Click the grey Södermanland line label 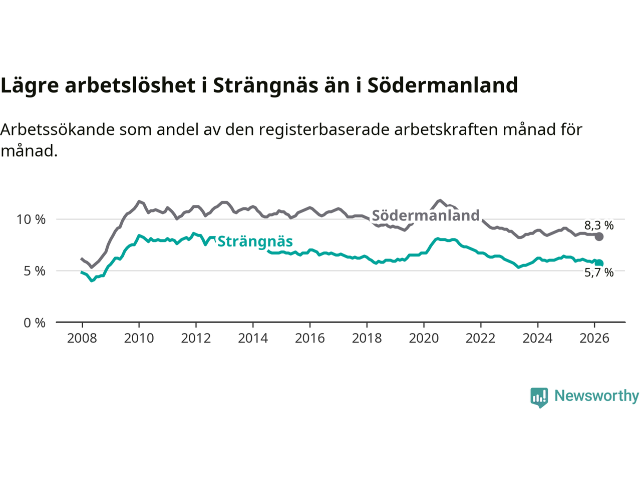pos(426,215)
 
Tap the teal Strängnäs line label pos(255,241)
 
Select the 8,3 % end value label pos(599,225)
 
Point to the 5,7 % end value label pos(599,272)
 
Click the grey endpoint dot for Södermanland pos(599,236)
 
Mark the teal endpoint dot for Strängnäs pos(599,263)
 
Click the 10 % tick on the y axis pos(31,219)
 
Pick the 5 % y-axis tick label pos(35,271)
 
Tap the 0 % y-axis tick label pos(35,323)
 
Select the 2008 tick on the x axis pos(82,338)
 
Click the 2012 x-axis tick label pos(196,338)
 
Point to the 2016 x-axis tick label pos(310,338)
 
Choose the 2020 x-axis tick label pos(424,338)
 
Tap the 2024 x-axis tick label pos(537,338)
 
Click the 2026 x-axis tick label pos(594,338)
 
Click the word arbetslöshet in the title pos(130,85)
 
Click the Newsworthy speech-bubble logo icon pos(539,397)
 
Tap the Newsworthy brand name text pos(596,396)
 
